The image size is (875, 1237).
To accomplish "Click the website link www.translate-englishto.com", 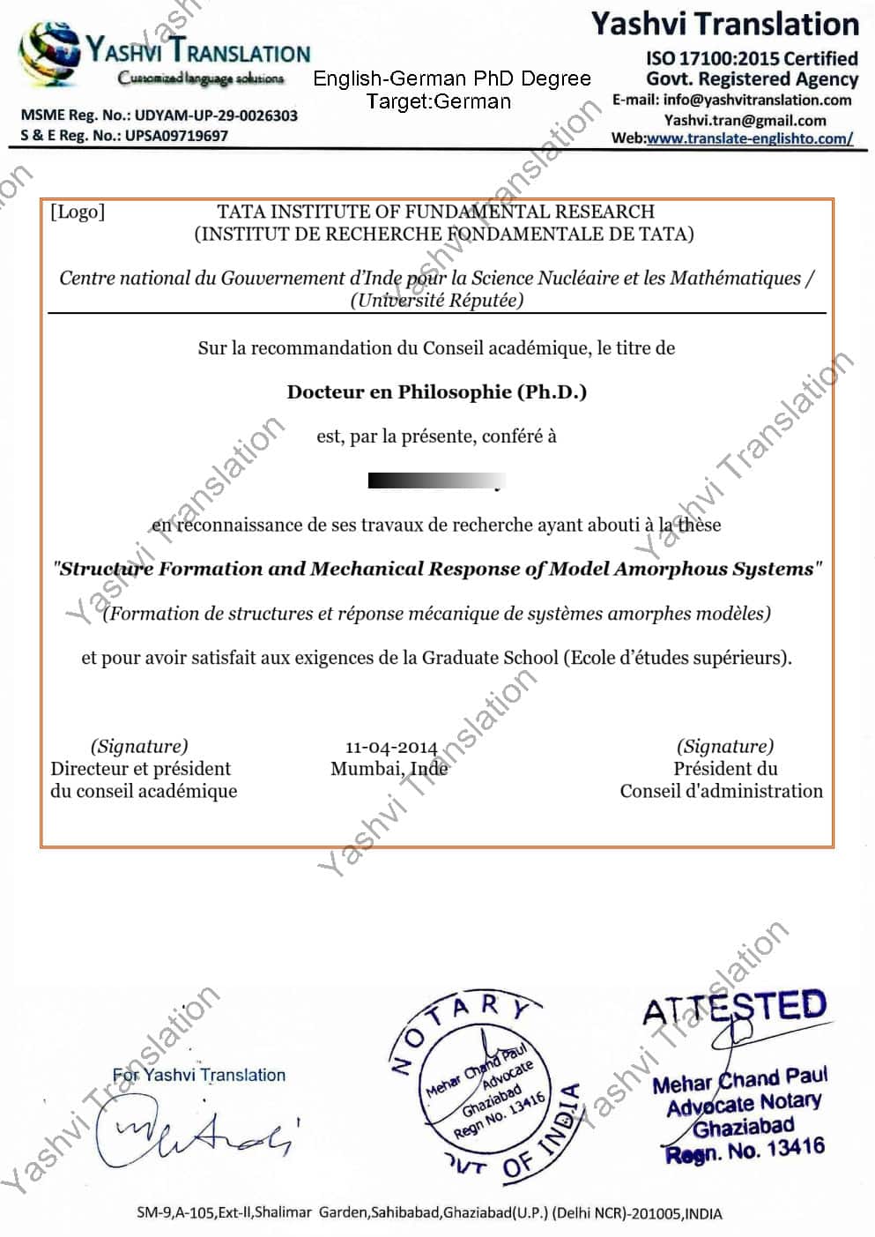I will tap(749, 138).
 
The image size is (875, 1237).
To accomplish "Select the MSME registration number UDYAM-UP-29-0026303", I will tap(216, 116).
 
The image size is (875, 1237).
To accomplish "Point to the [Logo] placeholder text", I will tap(78, 212).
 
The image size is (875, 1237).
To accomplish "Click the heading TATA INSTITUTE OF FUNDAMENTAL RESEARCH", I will tap(435, 212).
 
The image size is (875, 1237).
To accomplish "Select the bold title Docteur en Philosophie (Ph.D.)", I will tap(436, 391).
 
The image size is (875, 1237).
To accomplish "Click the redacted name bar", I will tap(435, 481).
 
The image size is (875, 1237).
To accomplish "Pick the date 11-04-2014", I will tap(390, 747).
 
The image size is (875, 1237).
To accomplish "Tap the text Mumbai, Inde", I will tap(389, 769).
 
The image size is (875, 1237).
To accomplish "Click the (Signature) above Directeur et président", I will tap(139, 746).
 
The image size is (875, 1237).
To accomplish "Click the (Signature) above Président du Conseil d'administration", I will tap(724, 746).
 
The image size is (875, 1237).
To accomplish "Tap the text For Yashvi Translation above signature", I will tap(199, 1075).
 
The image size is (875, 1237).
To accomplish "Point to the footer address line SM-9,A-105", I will tap(429, 1213).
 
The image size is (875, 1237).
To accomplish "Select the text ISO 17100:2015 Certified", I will tap(752, 59).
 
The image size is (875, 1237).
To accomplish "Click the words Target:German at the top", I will tap(438, 101).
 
